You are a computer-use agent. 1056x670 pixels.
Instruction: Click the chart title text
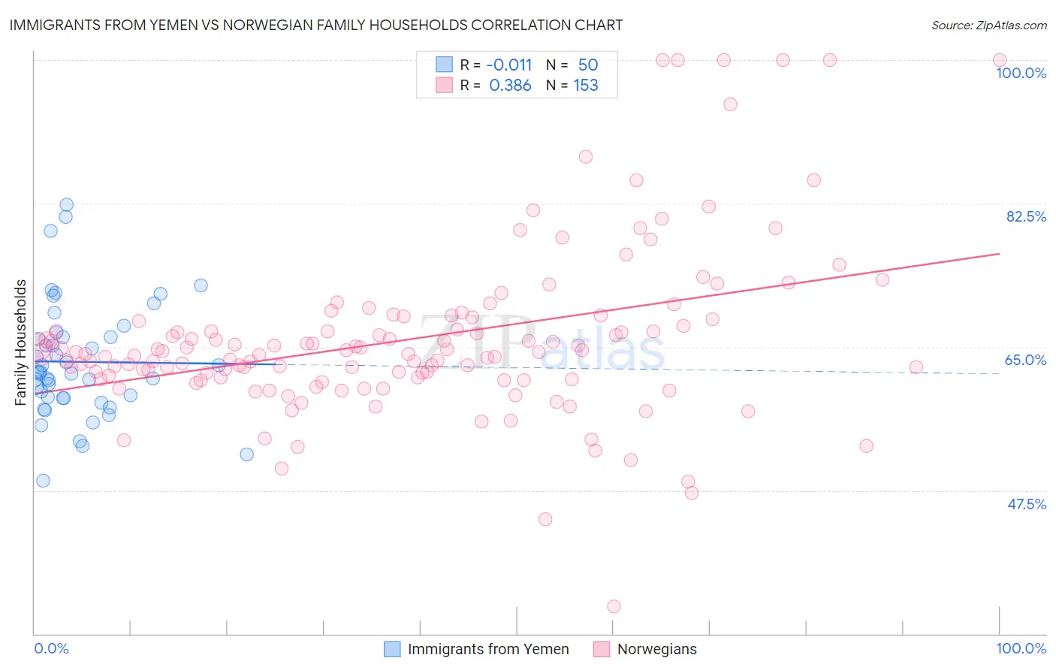coord(315,25)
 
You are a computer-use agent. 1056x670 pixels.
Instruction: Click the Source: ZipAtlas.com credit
coord(988,26)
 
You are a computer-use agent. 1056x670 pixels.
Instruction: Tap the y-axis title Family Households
coord(21,343)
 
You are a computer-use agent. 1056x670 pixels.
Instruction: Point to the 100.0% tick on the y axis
coord(1021,73)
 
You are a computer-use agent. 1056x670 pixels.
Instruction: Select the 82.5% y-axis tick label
coord(1026,216)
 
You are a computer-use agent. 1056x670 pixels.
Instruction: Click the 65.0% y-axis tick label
coord(1025,360)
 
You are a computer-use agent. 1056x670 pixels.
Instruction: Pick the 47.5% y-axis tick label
coord(1026,504)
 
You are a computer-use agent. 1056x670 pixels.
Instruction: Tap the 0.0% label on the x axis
coord(51,648)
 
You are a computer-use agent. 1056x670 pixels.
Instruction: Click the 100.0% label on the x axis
coord(1021,648)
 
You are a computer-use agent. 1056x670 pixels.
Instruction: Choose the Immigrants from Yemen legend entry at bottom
coord(478,649)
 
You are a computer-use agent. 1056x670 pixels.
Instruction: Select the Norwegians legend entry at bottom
coord(646,649)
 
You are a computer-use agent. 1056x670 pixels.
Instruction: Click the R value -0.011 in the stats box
coord(510,65)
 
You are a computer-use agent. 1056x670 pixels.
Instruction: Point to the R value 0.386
coord(510,86)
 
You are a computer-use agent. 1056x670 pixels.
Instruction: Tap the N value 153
coord(586,86)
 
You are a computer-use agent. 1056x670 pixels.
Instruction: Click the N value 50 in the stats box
coord(588,65)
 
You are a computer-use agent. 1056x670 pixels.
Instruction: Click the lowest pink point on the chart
coord(614,606)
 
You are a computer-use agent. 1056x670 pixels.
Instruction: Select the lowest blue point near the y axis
coord(43,481)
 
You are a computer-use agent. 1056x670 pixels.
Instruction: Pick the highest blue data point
coord(66,204)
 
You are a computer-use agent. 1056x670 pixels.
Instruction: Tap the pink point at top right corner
coord(1000,60)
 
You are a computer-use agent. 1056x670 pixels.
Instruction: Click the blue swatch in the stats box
coord(445,65)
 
